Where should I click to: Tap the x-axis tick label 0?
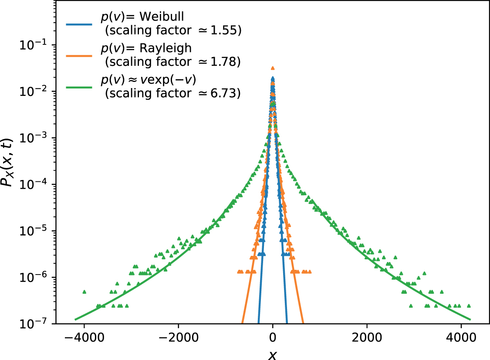tap(273, 338)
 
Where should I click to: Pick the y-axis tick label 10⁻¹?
tap(35, 45)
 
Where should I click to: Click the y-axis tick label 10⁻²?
tap(35, 92)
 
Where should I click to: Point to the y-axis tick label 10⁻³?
tap(35, 138)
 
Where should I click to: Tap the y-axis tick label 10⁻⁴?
tap(35, 184)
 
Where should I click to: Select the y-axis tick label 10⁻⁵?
tap(35, 231)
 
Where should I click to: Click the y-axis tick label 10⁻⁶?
tap(35, 278)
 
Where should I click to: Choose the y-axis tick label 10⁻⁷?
tap(35, 324)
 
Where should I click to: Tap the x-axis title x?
tap(273, 354)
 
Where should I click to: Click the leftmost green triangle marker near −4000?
tap(84, 292)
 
